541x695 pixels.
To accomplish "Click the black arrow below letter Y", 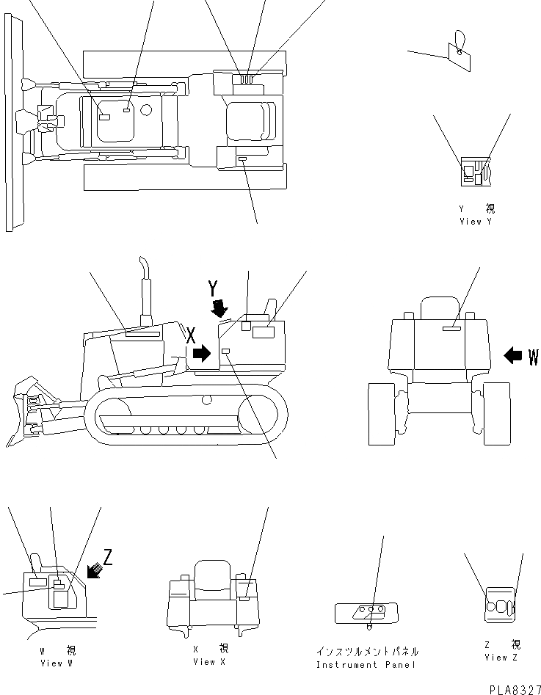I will (x=217, y=308).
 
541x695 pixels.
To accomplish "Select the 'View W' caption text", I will (x=57, y=663).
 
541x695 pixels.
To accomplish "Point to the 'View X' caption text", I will (x=209, y=661).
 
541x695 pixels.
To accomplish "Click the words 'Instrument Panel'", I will (x=366, y=665).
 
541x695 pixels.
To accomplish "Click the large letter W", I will (x=533, y=357).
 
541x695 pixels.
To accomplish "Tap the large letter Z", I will (x=108, y=557).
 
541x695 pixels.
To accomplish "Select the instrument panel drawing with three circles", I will (x=366, y=611).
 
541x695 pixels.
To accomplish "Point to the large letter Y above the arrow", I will (x=213, y=285).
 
